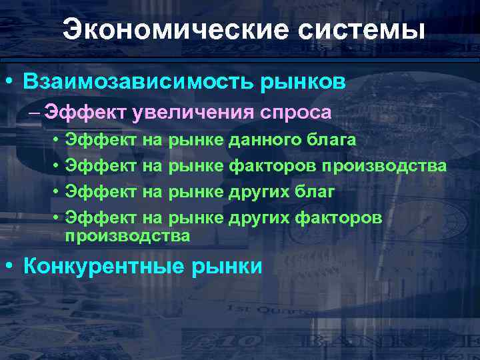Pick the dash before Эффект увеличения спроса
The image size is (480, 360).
coord(35,112)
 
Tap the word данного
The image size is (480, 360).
coord(259,140)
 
